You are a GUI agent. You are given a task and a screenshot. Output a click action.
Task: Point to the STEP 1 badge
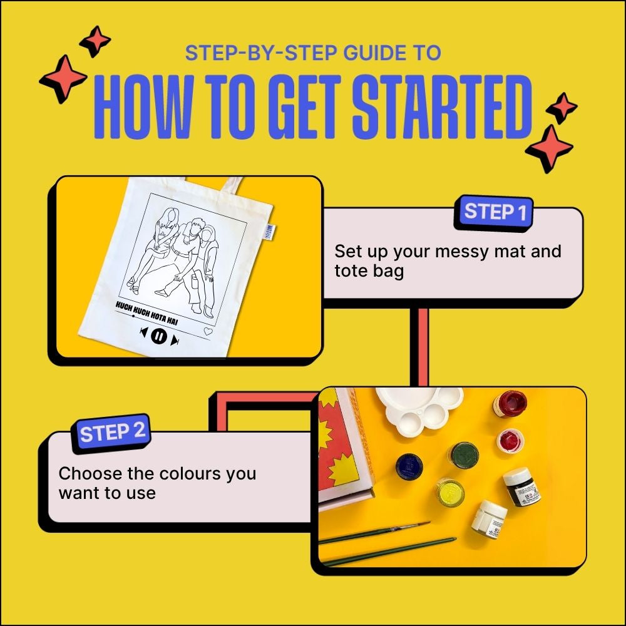495,213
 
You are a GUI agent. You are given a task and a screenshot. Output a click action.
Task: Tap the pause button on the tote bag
159,337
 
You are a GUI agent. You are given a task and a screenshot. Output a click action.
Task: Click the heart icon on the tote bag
208,332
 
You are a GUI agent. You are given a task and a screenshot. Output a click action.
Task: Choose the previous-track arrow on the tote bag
143,333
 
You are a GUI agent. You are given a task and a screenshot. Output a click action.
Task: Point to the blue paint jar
409,466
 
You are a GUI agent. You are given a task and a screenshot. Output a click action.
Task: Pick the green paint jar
464,455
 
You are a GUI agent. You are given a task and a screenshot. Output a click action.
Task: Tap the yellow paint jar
450,491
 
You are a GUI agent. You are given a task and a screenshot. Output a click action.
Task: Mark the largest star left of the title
63,79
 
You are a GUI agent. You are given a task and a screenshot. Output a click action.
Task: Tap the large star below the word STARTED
549,148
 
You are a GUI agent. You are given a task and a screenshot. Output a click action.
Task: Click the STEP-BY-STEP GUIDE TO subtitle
313,53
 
